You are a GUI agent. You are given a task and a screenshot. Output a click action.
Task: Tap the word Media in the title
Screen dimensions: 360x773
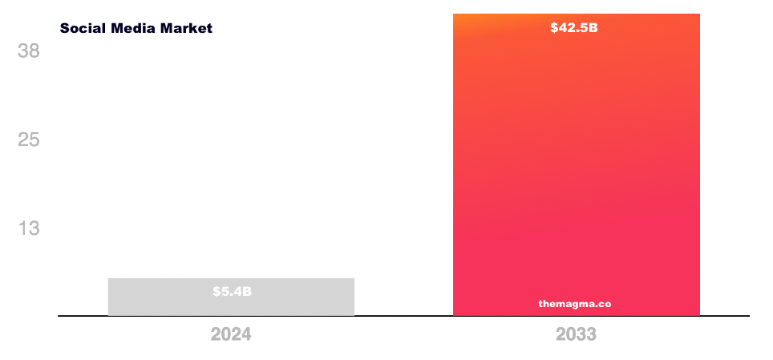(133, 28)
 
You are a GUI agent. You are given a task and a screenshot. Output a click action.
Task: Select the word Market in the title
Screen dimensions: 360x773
(187, 28)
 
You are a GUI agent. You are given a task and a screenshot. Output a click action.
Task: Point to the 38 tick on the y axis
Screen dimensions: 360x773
(29, 51)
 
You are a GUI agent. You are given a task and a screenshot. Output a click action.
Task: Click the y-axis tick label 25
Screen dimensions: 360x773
(29, 140)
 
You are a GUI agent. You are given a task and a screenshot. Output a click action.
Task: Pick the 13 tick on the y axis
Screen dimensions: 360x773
(29, 229)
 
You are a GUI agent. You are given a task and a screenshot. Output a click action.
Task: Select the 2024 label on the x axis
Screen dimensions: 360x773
(231, 334)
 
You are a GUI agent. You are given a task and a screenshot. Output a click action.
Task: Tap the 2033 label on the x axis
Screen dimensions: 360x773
(576, 334)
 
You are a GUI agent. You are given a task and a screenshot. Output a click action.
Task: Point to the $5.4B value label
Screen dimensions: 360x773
(232, 291)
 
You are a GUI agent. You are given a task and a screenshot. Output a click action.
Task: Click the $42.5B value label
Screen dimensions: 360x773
(574, 28)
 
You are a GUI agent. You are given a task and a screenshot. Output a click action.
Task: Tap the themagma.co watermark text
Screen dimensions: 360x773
(575, 304)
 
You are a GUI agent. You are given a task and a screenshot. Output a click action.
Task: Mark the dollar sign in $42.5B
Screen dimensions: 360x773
(555, 28)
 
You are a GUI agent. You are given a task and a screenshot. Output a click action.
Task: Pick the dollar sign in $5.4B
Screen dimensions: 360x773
(217, 291)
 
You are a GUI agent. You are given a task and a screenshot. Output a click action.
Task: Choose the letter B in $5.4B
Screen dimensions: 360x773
(247, 291)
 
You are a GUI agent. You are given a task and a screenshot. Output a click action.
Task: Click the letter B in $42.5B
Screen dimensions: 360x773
(593, 28)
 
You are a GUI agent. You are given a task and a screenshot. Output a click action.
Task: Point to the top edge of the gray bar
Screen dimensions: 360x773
(231, 279)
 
